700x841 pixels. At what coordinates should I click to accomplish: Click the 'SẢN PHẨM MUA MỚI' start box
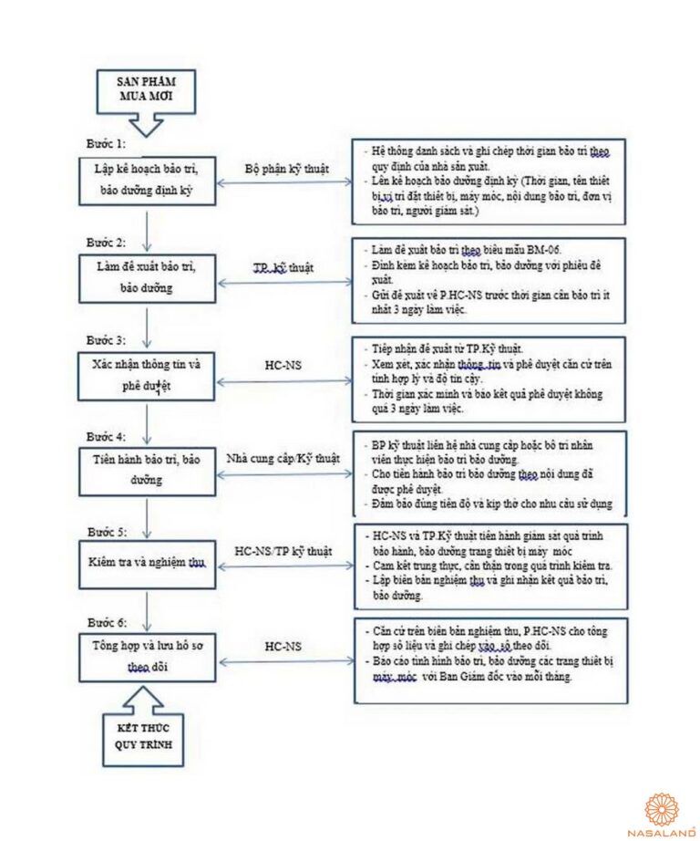tap(145, 88)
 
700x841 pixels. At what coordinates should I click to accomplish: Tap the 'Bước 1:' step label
tap(106, 143)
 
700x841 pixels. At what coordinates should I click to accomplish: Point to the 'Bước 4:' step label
tap(106, 436)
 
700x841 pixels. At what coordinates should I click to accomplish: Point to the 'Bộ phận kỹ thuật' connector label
tap(287, 169)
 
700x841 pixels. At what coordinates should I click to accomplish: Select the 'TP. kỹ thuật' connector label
tap(283, 267)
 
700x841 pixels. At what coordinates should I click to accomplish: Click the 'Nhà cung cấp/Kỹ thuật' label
tap(283, 458)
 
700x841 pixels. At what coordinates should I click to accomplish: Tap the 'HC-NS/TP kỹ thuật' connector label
tap(283, 552)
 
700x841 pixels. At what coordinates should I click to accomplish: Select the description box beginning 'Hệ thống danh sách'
tap(490, 182)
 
